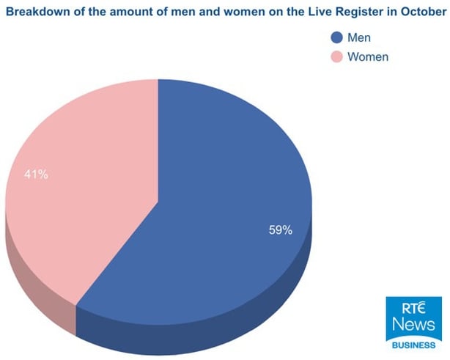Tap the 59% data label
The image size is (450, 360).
point(280,230)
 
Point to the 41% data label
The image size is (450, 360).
point(37,175)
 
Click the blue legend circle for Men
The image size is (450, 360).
point(336,37)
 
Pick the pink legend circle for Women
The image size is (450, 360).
point(336,56)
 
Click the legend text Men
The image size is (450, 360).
point(360,37)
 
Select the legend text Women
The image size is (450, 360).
point(367,56)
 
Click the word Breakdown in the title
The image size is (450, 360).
point(36,11)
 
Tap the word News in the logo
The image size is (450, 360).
point(413,324)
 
